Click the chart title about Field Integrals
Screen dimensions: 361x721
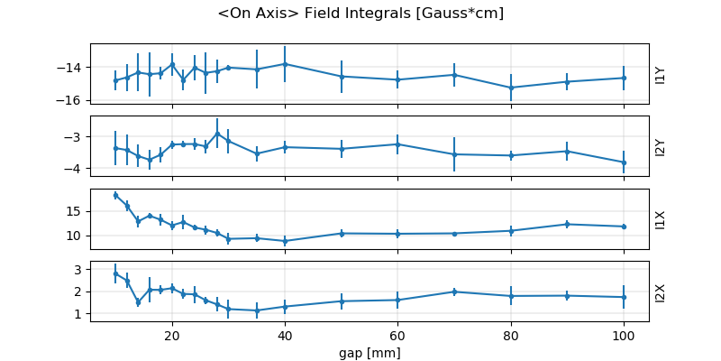pos(360,14)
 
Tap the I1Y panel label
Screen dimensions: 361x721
pos(661,74)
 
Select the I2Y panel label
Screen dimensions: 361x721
pos(661,146)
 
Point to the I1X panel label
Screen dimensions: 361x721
pos(661,218)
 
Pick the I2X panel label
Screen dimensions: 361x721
pos(661,292)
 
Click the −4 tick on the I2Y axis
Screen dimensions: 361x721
pos(74,169)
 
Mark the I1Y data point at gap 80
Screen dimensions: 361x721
pos(511,88)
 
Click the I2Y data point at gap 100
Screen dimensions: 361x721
pos(624,162)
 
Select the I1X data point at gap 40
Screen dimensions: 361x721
pos(285,241)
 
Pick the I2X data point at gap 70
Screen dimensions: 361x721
pos(454,292)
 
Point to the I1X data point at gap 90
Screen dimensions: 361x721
pos(567,224)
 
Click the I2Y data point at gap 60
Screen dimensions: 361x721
pos(397,144)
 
